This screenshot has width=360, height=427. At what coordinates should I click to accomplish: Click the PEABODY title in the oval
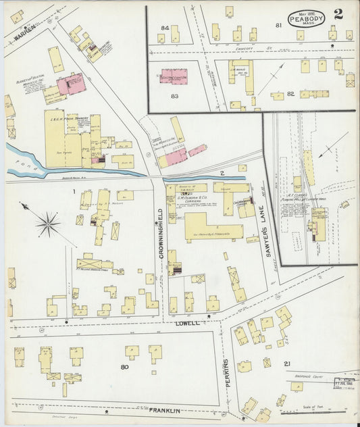pyautogui.click(x=307, y=18)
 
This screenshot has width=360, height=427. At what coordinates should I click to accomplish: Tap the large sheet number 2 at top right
pyautogui.click(x=337, y=14)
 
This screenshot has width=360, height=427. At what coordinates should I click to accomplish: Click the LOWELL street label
pyautogui.click(x=187, y=324)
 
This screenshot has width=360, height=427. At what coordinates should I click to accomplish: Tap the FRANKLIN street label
pyautogui.click(x=165, y=409)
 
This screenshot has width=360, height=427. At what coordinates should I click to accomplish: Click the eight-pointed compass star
pyautogui.click(x=47, y=223)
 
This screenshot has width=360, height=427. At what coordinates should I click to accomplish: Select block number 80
pyautogui.click(x=124, y=368)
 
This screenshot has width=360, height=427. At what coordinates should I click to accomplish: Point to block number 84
pyautogui.click(x=164, y=28)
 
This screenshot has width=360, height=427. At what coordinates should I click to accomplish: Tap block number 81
pyautogui.click(x=278, y=25)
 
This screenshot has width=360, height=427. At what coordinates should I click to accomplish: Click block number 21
pyautogui.click(x=287, y=365)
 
